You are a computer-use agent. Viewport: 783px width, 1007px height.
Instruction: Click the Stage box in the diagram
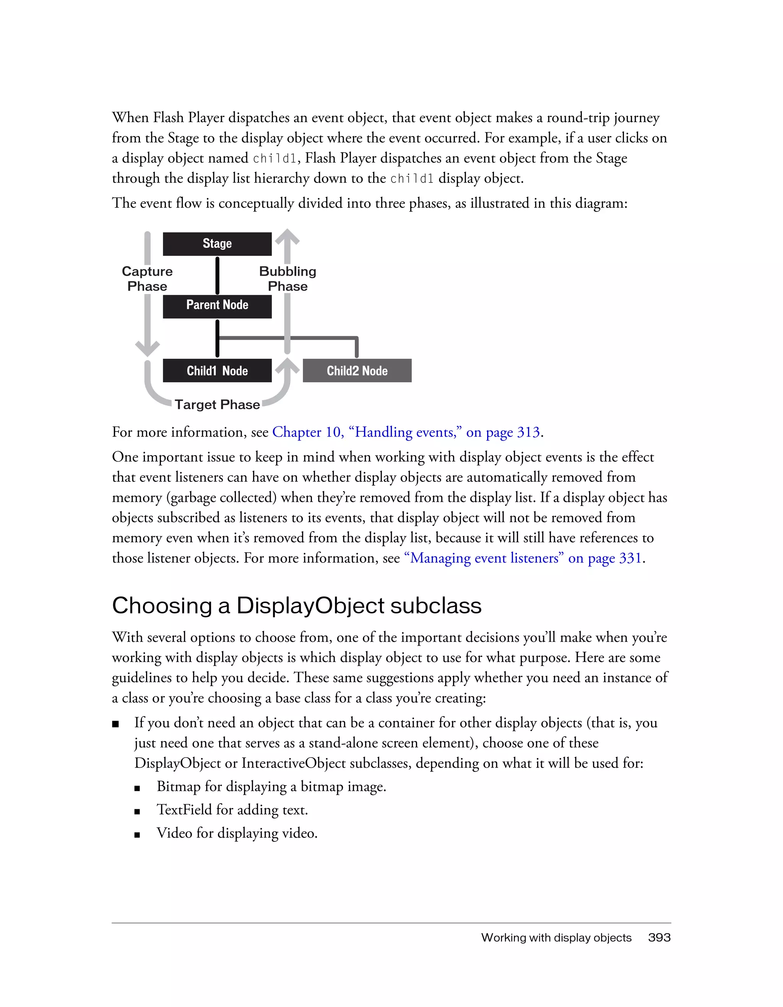coord(217,244)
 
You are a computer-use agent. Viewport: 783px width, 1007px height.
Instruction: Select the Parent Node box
coord(217,306)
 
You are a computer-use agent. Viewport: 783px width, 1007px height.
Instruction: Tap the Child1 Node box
coord(217,371)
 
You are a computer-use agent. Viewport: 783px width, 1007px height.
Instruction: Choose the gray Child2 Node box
coord(357,371)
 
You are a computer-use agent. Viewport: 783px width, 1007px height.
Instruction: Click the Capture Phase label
coord(147,278)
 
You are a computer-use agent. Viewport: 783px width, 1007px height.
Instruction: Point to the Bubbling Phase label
coord(288,278)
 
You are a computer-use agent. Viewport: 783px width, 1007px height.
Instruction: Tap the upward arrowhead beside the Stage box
coord(287,237)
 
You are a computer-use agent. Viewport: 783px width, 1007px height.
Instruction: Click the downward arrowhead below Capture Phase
coord(147,348)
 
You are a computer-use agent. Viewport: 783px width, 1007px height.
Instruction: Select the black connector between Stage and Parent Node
coord(217,275)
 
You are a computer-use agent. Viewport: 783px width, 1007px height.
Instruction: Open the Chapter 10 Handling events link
coord(406,432)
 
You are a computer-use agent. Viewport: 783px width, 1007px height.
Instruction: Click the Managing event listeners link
coord(523,558)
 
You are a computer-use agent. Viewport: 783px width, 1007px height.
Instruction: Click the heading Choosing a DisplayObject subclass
coord(296,605)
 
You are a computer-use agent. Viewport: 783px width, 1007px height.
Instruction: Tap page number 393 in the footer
coord(659,937)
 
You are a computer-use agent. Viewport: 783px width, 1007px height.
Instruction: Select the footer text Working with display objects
coord(556,937)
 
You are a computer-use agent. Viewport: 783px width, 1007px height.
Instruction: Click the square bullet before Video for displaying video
coord(137,835)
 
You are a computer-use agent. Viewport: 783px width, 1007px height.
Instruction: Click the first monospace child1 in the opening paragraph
coord(275,159)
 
